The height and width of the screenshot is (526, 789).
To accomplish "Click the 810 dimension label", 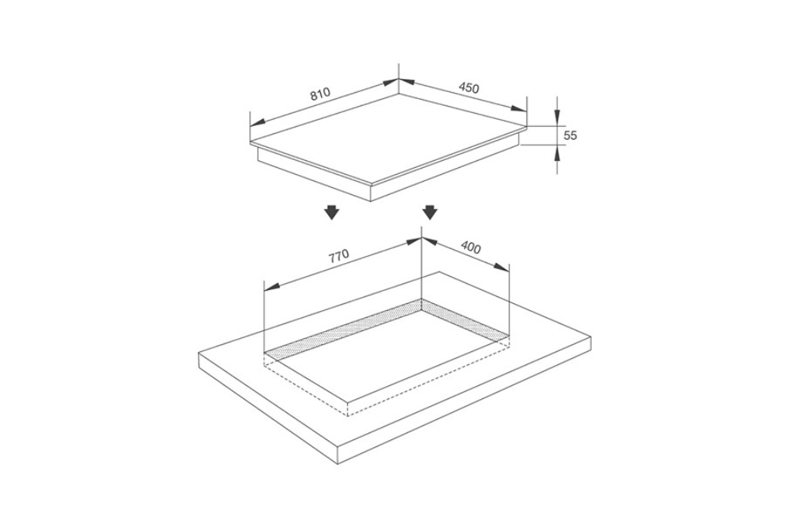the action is (319, 94).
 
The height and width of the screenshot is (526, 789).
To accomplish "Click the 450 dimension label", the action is (469, 87).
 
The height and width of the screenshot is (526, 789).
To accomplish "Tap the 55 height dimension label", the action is (570, 135).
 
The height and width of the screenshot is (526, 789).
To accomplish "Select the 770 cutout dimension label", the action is (339, 257).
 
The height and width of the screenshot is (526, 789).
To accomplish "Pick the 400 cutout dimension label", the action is (470, 248).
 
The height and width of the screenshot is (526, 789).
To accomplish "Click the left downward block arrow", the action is (331, 213).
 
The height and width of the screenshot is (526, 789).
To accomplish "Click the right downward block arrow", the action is (429, 213).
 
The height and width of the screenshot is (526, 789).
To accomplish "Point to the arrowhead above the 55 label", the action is (557, 118).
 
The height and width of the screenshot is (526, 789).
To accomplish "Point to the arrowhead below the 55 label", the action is (557, 152).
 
